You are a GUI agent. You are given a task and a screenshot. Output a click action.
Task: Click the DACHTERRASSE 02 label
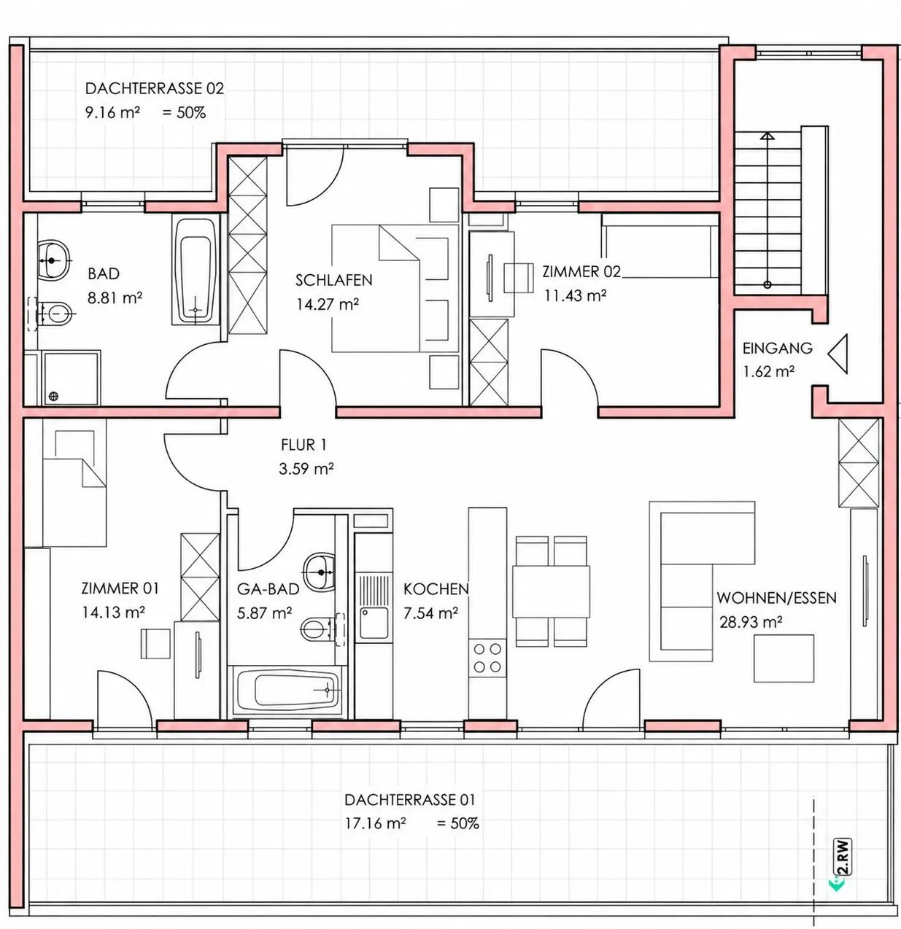[155, 89]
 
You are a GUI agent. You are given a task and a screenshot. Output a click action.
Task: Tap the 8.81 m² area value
[115, 298]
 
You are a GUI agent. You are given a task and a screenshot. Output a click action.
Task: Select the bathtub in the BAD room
[196, 271]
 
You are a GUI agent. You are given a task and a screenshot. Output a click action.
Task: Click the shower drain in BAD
[54, 396]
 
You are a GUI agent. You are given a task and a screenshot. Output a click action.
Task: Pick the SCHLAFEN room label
[333, 280]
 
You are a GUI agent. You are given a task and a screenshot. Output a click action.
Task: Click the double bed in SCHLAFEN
[395, 288]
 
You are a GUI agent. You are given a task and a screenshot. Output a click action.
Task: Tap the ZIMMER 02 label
[581, 272]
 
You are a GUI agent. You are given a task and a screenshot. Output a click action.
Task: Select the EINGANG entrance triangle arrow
[838, 354]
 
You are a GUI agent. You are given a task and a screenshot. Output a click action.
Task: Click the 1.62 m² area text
[769, 371]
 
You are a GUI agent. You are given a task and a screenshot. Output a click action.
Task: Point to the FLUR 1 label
[303, 445]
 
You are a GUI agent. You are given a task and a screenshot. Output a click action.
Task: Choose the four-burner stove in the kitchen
[487, 657]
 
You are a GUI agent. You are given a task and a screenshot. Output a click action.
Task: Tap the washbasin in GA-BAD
[318, 572]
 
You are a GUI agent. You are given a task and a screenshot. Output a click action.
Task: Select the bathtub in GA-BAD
[287, 691]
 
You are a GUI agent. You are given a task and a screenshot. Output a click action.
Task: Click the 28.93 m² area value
[751, 622]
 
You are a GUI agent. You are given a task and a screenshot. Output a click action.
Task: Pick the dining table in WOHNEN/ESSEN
[552, 591]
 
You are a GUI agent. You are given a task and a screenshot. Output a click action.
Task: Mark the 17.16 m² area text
[376, 823]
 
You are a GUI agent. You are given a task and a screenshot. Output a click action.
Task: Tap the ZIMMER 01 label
[120, 588]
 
